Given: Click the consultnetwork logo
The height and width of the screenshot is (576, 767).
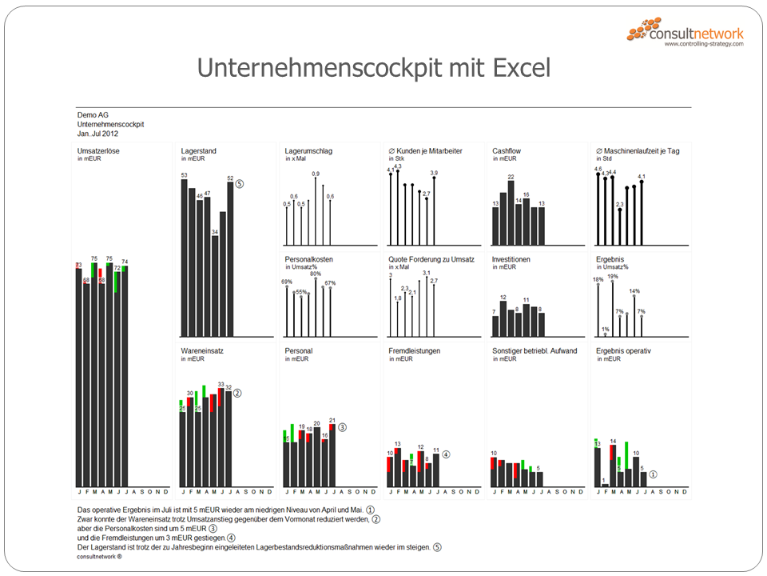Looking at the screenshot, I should [x=686, y=34].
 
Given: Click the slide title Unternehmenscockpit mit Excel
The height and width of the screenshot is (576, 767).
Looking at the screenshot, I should [x=374, y=68].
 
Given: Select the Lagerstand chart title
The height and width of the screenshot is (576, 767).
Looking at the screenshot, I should [x=199, y=150].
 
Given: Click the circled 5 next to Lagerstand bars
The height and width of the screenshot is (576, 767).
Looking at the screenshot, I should [x=239, y=183].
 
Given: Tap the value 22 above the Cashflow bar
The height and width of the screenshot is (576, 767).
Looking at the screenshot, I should [x=511, y=177].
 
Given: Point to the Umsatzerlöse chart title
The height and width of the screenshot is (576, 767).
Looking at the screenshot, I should [x=98, y=150].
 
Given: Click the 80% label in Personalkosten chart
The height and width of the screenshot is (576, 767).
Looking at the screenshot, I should [x=316, y=274].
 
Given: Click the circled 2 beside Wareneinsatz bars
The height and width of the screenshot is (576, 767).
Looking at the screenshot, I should [x=237, y=393].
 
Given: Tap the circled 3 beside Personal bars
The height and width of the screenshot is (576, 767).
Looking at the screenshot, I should [x=342, y=427].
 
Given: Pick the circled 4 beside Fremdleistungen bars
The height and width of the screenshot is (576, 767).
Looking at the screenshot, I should [x=447, y=454].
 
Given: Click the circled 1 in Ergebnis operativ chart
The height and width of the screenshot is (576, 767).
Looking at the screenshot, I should [x=654, y=474].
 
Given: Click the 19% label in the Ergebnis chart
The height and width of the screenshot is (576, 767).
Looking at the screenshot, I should [x=613, y=276].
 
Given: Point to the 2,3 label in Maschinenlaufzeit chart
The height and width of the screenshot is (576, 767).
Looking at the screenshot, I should [x=619, y=205].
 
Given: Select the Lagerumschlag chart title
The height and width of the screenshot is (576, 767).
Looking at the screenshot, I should [x=308, y=150].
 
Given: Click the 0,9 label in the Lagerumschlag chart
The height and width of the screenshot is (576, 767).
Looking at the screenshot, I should [x=316, y=174].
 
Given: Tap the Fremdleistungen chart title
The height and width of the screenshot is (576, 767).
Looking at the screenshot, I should [x=415, y=350].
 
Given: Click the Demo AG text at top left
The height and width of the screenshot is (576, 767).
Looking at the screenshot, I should [x=93, y=115].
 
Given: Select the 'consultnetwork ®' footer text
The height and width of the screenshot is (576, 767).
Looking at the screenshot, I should [x=100, y=556].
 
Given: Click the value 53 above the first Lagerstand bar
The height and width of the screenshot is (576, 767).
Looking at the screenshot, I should [x=184, y=175].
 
